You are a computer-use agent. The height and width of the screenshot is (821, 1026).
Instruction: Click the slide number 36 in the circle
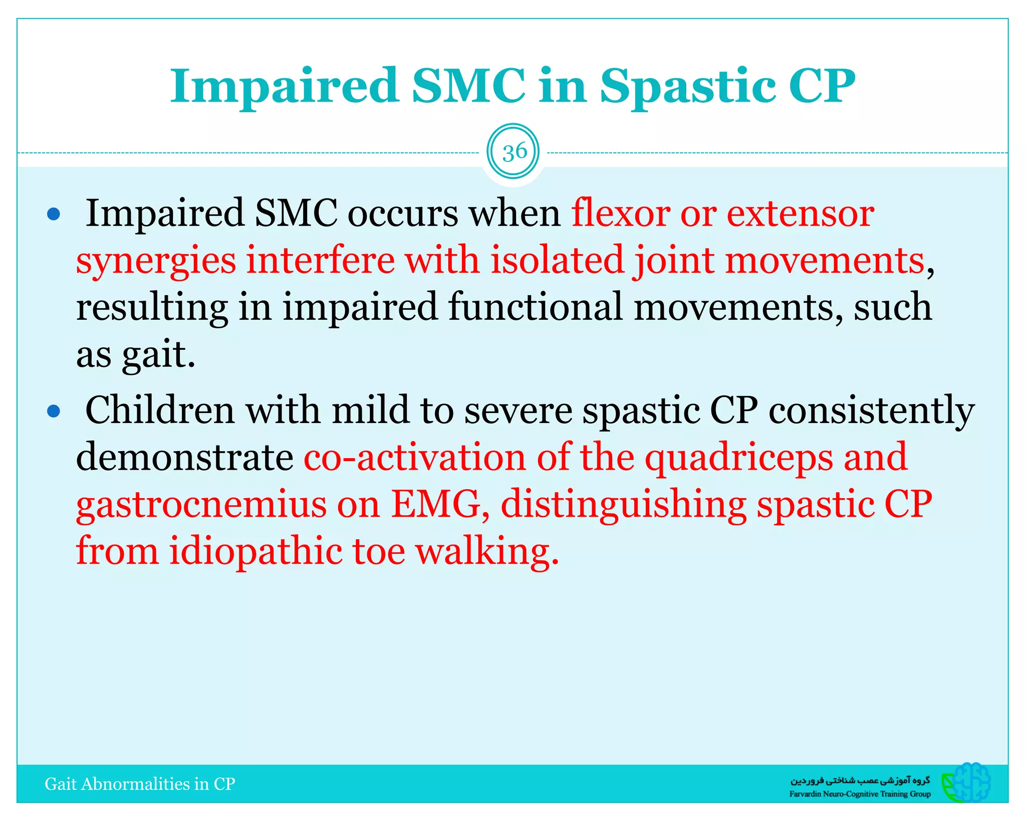(515, 152)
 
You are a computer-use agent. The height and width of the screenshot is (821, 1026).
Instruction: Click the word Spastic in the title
(687, 86)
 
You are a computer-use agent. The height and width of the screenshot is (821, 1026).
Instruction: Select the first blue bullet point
(53, 215)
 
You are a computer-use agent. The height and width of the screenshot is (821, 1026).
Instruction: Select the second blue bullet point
(53, 412)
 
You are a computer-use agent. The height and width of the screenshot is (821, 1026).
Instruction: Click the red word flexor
(621, 213)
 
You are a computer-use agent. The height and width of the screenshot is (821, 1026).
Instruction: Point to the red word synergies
(156, 261)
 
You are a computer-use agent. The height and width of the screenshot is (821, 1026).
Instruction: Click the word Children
(160, 409)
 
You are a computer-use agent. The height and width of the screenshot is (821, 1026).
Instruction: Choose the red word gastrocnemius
(201, 504)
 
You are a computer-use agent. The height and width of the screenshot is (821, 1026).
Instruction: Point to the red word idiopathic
(255, 551)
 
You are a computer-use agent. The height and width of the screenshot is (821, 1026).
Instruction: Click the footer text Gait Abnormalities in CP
(140, 784)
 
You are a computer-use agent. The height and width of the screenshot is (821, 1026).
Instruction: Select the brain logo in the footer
(966, 782)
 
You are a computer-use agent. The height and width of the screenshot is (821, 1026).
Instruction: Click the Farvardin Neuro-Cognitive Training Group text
(860, 793)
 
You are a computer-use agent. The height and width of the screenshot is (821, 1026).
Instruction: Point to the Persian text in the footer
(860, 780)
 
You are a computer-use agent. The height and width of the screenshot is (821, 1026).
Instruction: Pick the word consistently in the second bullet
(872, 410)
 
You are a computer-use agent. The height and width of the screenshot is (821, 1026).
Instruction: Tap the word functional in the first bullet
(535, 306)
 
